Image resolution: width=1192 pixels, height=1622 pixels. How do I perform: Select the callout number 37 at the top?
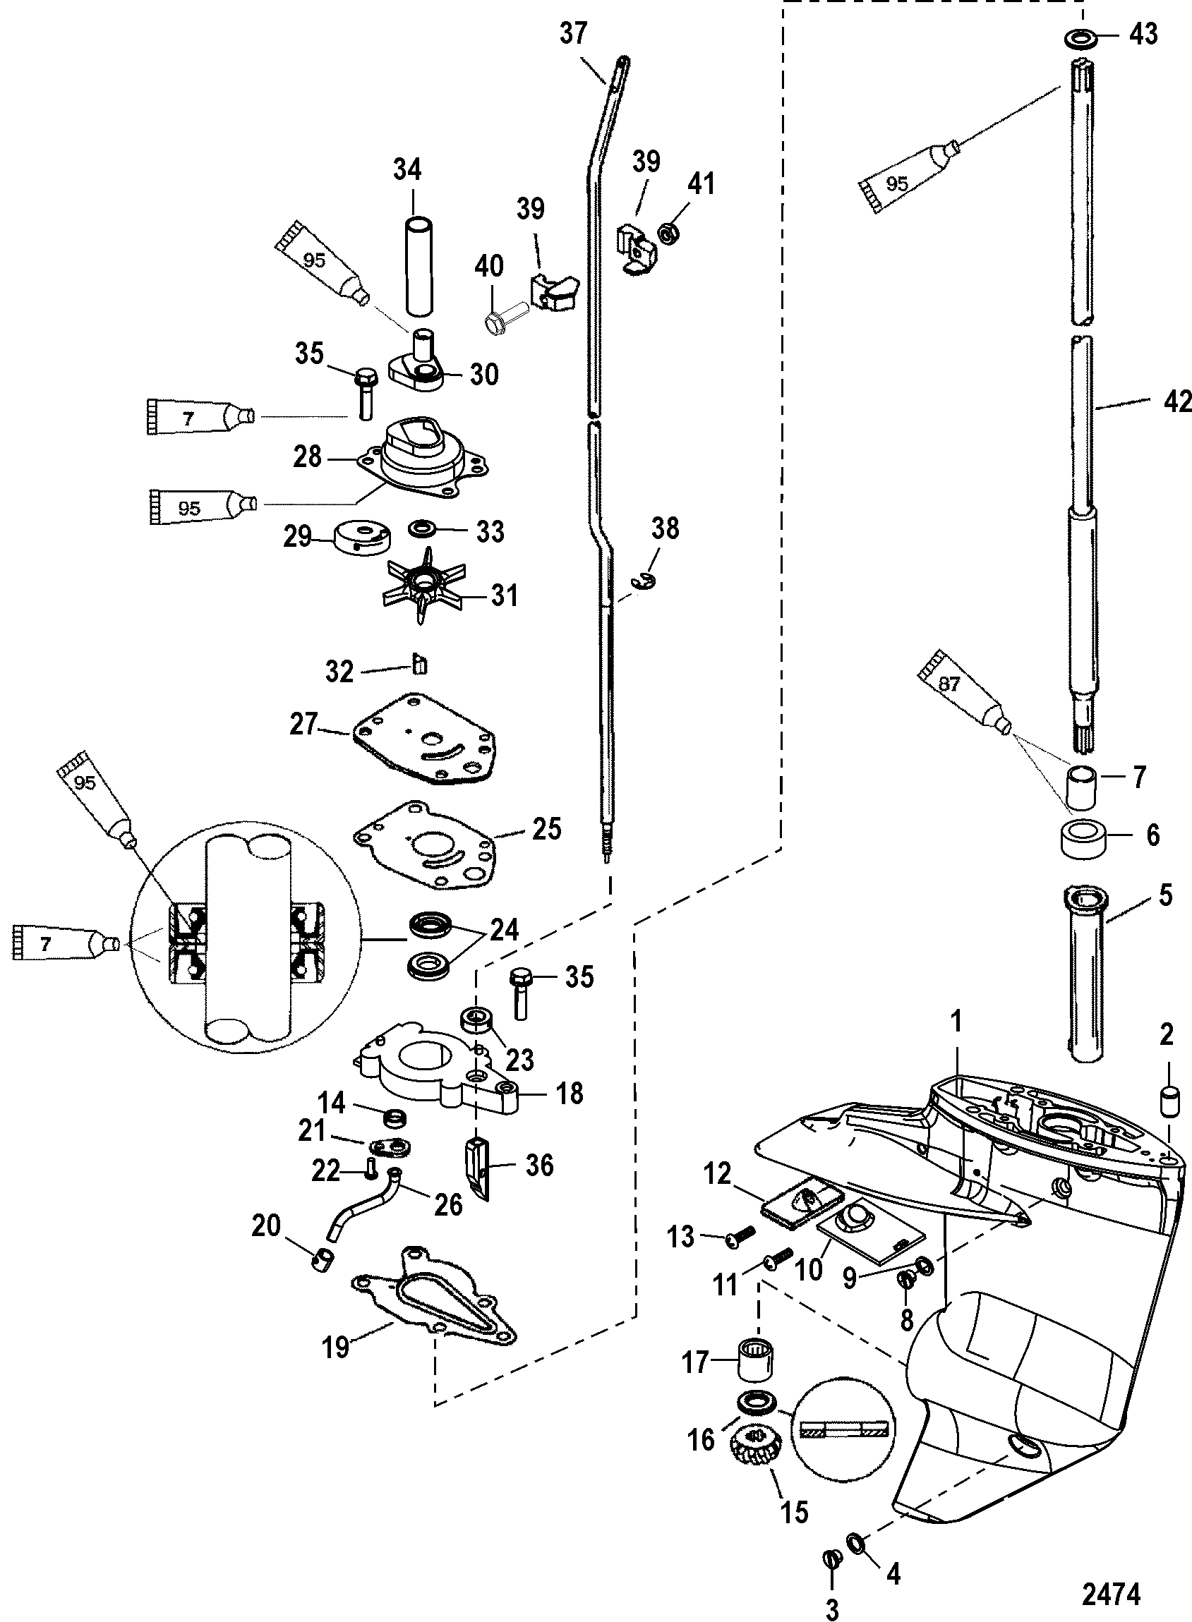point(574,34)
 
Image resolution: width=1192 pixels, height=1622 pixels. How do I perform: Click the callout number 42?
point(1177,401)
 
